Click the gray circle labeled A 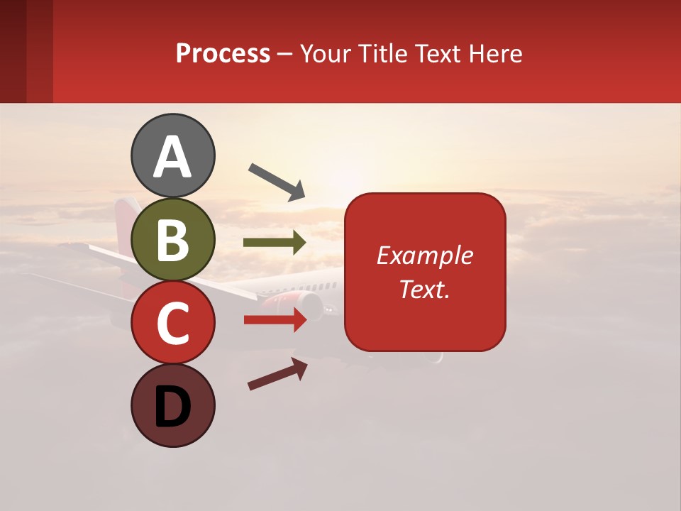pos(172,155)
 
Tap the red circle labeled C pos(172,323)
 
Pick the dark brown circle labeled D pos(172,405)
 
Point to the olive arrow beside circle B pos(275,243)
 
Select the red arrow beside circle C pos(275,320)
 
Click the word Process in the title pos(223,54)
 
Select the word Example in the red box pos(424,255)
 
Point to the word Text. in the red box pos(424,290)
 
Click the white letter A pos(172,157)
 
